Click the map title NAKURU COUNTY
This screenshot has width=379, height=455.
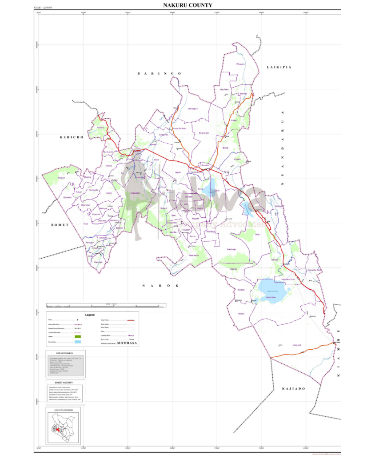pyautogui.click(x=188, y=5)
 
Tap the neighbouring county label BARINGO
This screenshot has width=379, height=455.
pyautogui.click(x=159, y=73)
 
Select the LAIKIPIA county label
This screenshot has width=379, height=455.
pyautogui.click(x=279, y=67)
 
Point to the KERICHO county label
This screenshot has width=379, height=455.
pyautogui.click(x=72, y=138)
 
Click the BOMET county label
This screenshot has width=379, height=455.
pyautogui.click(x=60, y=225)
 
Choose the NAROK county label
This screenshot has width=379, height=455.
pyautogui.click(x=160, y=286)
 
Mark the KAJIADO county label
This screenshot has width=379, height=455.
pyautogui.click(x=293, y=389)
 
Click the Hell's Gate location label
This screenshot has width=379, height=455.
pyautogui.click(x=271, y=297)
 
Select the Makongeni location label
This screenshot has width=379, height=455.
pyautogui.click(x=192, y=109)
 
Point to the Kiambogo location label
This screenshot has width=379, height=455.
pyautogui.click(x=231, y=249)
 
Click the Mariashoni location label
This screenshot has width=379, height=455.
pyautogui.click(x=136, y=193)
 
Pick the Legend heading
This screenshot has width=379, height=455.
pyautogui.click(x=90, y=315)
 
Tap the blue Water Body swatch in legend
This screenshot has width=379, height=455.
pyautogui.click(x=78, y=342)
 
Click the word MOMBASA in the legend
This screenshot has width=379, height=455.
pyautogui.click(x=128, y=343)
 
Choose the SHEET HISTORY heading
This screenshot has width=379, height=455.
pyautogui.click(x=65, y=382)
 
